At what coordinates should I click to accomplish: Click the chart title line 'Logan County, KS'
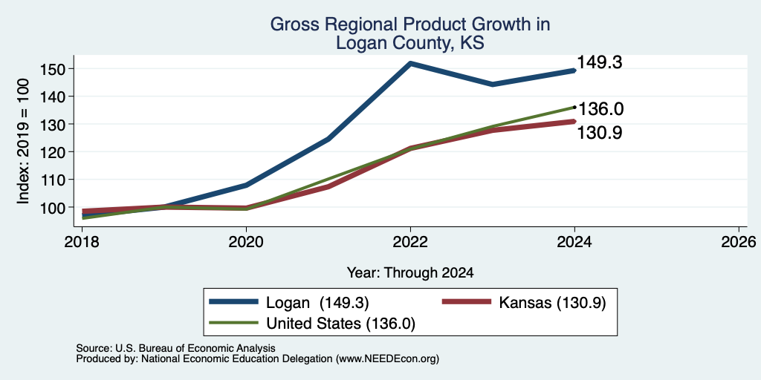[x=410, y=42]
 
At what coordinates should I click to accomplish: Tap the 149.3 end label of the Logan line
[x=600, y=62]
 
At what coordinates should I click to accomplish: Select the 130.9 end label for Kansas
[x=600, y=133]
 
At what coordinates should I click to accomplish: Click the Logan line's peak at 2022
[x=410, y=63]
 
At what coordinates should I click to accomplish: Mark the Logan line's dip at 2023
[x=493, y=85]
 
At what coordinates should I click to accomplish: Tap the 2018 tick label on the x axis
[x=82, y=242]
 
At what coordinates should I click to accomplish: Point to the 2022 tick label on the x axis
[x=410, y=242]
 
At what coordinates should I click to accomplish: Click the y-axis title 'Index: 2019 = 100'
[x=23, y=141]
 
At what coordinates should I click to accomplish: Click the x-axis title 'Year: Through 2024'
[x=410, y=273]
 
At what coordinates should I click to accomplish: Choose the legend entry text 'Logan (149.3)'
[x=318, y=303]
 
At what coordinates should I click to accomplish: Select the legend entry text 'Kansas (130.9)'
[x=552, y=303]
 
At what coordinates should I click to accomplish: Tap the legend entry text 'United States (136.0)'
[x=340, y=324]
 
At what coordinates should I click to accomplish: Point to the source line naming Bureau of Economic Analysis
[x=175, y=348]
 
